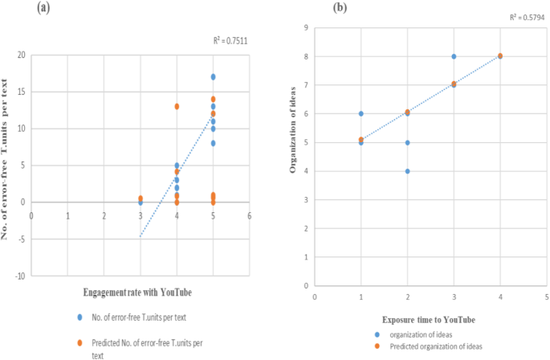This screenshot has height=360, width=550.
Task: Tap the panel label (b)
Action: [340, 8]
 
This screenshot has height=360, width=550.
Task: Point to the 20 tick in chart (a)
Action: [21, 55]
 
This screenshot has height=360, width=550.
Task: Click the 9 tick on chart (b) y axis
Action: [306, 27]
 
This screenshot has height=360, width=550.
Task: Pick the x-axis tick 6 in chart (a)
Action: [249, 216]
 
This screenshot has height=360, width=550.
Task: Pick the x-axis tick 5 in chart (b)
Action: [546, 296]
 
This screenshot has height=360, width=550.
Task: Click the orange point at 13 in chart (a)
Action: [177, 106]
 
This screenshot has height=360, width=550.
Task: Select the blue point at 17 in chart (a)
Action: [213, 77]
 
